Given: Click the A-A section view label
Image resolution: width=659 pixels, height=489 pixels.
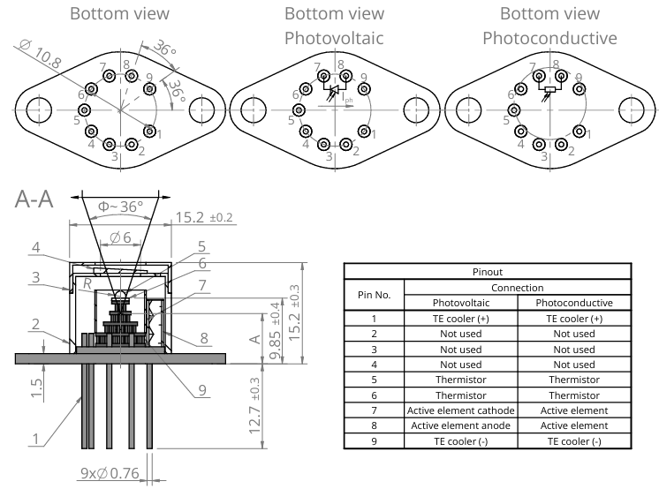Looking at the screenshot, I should (34, 199).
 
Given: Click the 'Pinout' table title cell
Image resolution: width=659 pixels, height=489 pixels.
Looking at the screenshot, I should (488, 273).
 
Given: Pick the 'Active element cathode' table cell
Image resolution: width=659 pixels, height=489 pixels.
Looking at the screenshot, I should (460, 410).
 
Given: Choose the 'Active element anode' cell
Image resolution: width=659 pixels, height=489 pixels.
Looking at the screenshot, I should (460, 425).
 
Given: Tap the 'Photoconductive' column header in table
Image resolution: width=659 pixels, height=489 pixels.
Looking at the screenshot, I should (574, 303).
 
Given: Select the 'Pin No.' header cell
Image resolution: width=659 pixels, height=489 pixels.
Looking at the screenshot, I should (374, 295).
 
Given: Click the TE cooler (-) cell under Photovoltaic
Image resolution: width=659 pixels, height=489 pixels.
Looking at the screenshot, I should (460, 440).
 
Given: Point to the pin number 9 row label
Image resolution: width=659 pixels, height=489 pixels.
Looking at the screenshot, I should (374, 440).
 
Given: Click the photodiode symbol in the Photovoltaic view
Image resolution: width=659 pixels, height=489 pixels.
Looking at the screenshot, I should (335, 91).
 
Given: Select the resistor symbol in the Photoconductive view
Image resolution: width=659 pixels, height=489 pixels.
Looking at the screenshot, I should (549, 89).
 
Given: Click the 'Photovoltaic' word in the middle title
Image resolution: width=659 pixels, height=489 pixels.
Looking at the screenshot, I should (333, 39).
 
